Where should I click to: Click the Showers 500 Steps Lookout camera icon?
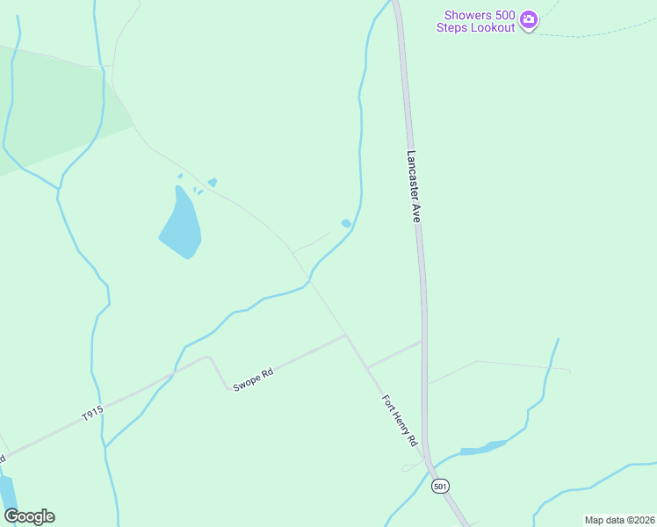click(528, 18)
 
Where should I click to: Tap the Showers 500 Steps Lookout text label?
click(479, 21)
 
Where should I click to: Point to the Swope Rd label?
click(254, 379)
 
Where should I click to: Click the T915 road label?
click(92, 411)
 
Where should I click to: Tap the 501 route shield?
click(440, 486)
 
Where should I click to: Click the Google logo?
click(29, 516)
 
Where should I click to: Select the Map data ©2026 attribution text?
click(619, 520)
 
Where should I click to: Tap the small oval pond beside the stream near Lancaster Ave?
click(346, 223)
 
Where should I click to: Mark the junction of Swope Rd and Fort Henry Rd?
click(346, 335)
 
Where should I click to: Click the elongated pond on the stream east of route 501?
click(482, 449)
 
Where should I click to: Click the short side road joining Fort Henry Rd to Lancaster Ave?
click(394, 354)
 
